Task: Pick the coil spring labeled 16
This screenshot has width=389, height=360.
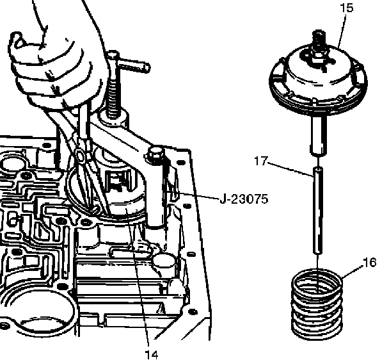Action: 318,304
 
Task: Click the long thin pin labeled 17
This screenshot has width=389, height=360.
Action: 317,211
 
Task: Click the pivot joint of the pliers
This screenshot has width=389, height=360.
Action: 79,154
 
